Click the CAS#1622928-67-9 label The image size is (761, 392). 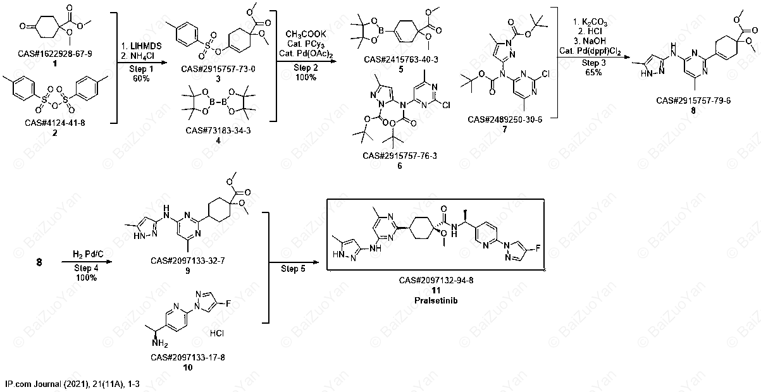[x=55, y=54]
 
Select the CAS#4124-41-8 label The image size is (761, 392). [x=54, y=123]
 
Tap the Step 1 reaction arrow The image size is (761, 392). [x=142, y=63]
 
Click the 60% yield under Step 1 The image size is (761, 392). [x=141, y=78]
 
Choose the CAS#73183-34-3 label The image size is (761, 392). [x=218, y=130]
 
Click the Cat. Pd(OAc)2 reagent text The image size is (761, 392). [x=306, y=54]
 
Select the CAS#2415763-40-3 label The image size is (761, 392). [x=401, y=59]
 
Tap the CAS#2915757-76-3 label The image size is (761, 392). [x=400, y=156]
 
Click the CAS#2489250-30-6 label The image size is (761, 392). [x=505, y=119]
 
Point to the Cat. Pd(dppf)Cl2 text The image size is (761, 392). [x=590, y=51]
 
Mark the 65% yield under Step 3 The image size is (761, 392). [x=593, y=72]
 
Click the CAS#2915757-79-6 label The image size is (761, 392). [x=693, y=101]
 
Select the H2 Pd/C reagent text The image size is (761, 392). [x=88, y=254]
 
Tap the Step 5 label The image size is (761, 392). [x=293, y=269]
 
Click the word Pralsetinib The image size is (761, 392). [x=436, y=300]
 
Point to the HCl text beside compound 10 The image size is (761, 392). [x=217, y=333]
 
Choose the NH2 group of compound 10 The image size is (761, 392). [x=159, y=344]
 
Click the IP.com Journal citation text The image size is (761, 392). [x=72, y=384]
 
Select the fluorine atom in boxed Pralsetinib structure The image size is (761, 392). [x=538, y=248]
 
